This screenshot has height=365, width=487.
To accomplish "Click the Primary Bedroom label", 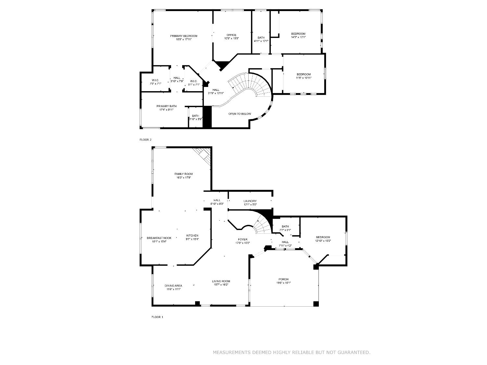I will [183, 36].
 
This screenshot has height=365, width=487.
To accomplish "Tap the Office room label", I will [231, 35].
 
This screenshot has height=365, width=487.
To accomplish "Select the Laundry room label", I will [250, 201].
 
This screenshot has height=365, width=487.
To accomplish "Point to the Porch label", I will [283, 279].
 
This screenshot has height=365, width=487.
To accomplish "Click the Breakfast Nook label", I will [159, 238].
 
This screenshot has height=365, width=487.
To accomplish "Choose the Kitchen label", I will [192, 236].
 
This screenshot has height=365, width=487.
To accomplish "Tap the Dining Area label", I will [173, 286].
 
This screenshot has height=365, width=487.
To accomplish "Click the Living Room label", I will [221, 281].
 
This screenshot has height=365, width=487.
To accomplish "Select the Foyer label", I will [243, 239].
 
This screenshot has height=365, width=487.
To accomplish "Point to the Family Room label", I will [183, 174].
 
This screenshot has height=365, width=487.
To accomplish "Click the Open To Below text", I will [240, 114].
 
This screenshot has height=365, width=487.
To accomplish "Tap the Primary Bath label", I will [166, 106].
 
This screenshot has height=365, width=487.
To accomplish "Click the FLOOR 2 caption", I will [145, 140].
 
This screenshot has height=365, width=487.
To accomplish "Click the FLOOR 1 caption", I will [157, 317].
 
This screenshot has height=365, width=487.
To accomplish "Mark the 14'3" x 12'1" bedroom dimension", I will [298, 37].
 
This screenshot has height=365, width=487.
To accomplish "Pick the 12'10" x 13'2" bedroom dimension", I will [323, 241].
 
